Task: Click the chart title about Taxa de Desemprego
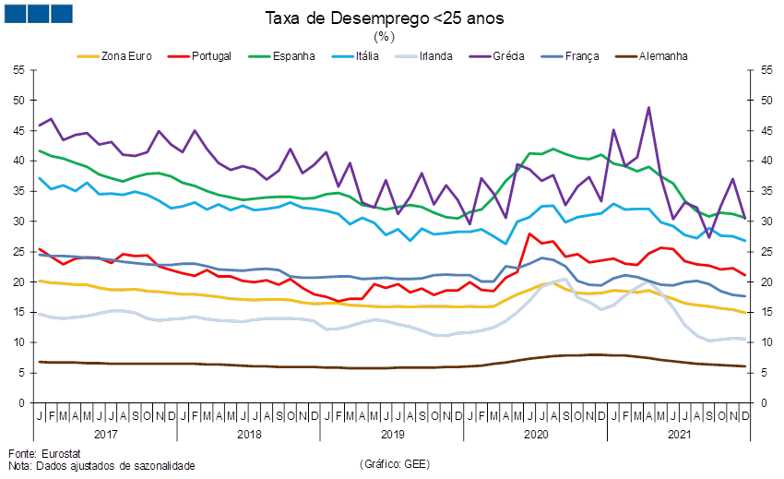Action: [384, 18]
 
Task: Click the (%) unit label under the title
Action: [384, 37]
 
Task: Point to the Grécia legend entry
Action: [508, 56]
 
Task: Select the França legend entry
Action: [581, 56]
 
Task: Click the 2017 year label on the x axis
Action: [107, 432]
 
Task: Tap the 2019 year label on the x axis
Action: [391, 432]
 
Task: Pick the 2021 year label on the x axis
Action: [678, 432]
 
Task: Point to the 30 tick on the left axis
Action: [18, 222]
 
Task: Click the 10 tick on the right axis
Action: [765, 342]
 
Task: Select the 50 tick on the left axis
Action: [18, 100]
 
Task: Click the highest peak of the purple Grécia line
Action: [648, 108]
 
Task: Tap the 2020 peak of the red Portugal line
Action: [529, 234]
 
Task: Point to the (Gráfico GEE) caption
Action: [394, 462]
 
